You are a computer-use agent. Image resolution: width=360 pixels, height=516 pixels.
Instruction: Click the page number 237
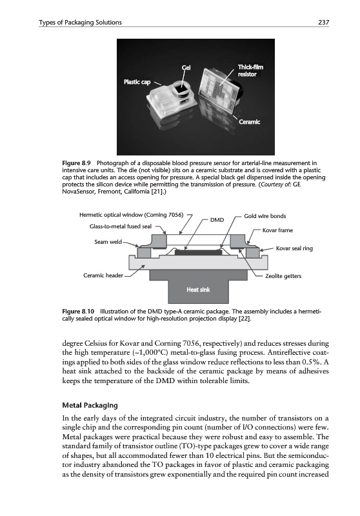click(x=323, y=23)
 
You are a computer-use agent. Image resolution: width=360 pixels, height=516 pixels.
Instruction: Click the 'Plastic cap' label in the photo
click(x=137, y=82)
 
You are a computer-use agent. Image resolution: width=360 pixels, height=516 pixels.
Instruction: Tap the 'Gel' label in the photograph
click(x=186, y=68)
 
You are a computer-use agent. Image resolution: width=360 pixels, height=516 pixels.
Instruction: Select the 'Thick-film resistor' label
click(x=250, y=71)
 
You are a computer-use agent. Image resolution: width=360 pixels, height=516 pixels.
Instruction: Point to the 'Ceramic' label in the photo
click(x=249, y=122)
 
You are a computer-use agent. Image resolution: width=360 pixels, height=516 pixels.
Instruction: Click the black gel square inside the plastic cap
click(x=179, y=90)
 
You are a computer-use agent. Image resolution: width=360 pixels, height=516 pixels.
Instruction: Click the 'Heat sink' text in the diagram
click(x=198, y=290)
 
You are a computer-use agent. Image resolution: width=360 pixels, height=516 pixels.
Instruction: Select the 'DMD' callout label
click(x=217, y=220)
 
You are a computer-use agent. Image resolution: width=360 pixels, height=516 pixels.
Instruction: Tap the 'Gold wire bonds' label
click(x=265, y=216)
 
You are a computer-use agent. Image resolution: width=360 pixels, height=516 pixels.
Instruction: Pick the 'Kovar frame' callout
click(x=277, y=230)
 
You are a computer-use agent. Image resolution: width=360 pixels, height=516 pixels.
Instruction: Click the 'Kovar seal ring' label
click(x=294, y=248)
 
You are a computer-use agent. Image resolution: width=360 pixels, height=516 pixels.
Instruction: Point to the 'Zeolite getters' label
click(x=283, y=276)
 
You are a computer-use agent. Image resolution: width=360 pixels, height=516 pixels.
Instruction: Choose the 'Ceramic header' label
click(x=103, y=275)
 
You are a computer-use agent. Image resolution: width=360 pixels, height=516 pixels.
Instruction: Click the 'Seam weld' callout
click(x=108, y=242)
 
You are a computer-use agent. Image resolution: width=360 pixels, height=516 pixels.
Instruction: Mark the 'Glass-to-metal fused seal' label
click(x=121, y=226)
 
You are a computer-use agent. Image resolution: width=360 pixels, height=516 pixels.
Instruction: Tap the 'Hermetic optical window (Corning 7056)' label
click(x=131, y=215)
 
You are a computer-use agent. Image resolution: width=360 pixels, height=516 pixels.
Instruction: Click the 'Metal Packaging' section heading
click(x=90, y=406)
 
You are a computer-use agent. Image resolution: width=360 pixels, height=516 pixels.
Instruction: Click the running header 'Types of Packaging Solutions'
click(x=80, y=23)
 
